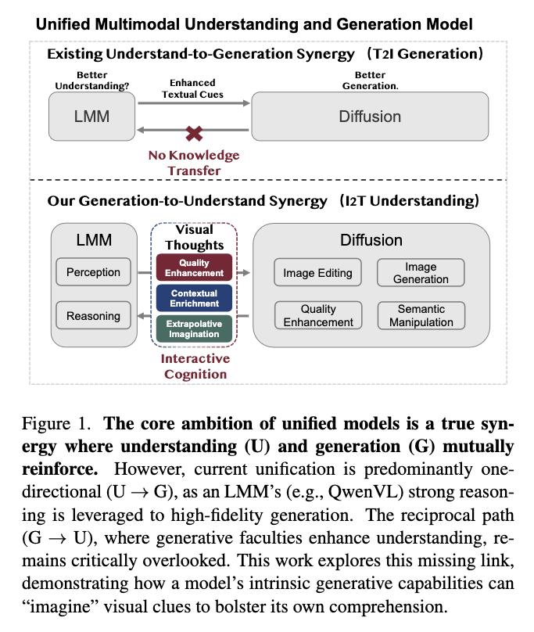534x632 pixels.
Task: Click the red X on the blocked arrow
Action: click(x=194, y=133)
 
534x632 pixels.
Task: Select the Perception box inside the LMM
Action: click(x=94, y=272)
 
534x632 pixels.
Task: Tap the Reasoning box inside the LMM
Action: click(x=94, y=315)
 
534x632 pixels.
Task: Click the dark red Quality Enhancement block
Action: click(x=194, y=268)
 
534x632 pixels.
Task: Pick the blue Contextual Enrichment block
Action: click(x=194, y=298)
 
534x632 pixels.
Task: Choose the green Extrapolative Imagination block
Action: click(x=194, y=329)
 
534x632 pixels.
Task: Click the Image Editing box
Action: click(x=317, y=273)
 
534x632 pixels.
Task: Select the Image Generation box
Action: click(x=421, y=273)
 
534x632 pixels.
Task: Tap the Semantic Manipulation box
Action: click(x=421, y=315)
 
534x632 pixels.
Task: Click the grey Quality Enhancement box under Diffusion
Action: click(x=318, y=315)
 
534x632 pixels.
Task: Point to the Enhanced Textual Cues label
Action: click(x=192, y=88)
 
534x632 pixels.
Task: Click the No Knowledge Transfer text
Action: click(x=194, y=163)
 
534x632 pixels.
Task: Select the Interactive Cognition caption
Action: click(x=195, y=366)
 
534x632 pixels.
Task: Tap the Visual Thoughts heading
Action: click(x=194, y=238)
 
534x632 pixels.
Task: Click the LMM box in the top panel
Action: click(x=92, y=117)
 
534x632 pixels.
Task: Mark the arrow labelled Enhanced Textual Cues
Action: click(x=194, y=103)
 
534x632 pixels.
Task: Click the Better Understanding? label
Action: click(x=92, y=81)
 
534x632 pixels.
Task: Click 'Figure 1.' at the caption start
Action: click(x=56, y=424)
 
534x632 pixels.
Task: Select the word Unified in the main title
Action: click(x=63, y=24)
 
